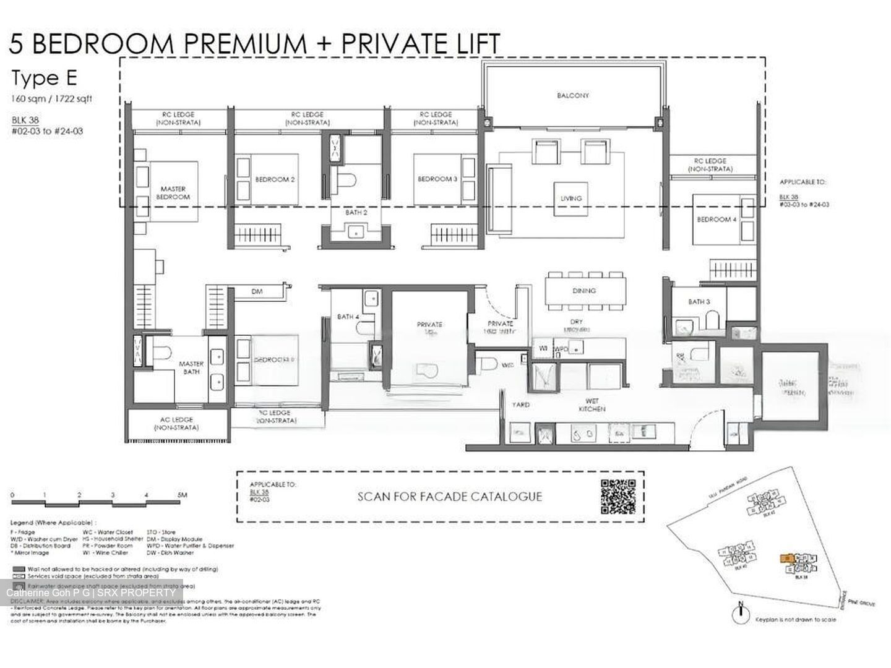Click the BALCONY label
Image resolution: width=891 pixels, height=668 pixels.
(x=572, y=96)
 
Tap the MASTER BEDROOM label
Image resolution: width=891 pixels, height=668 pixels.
(x=173, y=193)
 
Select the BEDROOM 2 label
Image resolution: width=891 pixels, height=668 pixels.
(x=275, y=179)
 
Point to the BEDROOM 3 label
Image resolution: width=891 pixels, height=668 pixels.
(x=437, y=179)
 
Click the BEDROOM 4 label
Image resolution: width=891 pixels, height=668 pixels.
(x=717, y=220)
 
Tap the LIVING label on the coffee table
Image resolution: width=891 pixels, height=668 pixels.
(x=570, y=199)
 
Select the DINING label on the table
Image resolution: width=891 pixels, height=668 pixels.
(x=583, y=290)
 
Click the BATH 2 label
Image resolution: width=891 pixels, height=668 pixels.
(x=356, y=212)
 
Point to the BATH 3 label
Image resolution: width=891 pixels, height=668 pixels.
(x=699, y=302)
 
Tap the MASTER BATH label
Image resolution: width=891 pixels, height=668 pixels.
(x=191, y=368)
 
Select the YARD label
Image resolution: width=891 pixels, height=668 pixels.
(x=520, y=405)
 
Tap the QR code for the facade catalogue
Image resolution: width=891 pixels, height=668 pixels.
(x=618, y=497)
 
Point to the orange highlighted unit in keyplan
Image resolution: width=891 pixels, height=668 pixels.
(x=786, y=557)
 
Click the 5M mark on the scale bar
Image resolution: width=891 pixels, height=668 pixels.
(x=182, y=495)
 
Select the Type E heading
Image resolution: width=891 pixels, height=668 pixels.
(x=44, y=79)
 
